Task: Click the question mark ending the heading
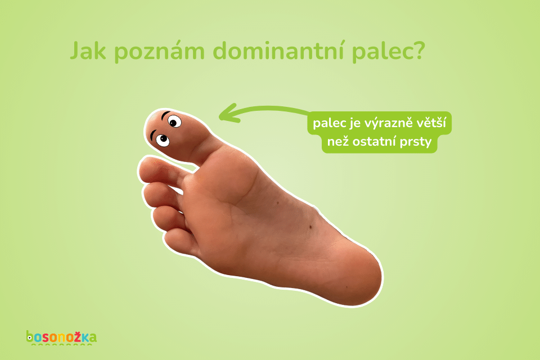click(418, 52)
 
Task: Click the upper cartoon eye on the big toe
click(174, 121)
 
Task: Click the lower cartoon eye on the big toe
click(162, 139)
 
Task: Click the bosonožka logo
click(61, 337)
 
